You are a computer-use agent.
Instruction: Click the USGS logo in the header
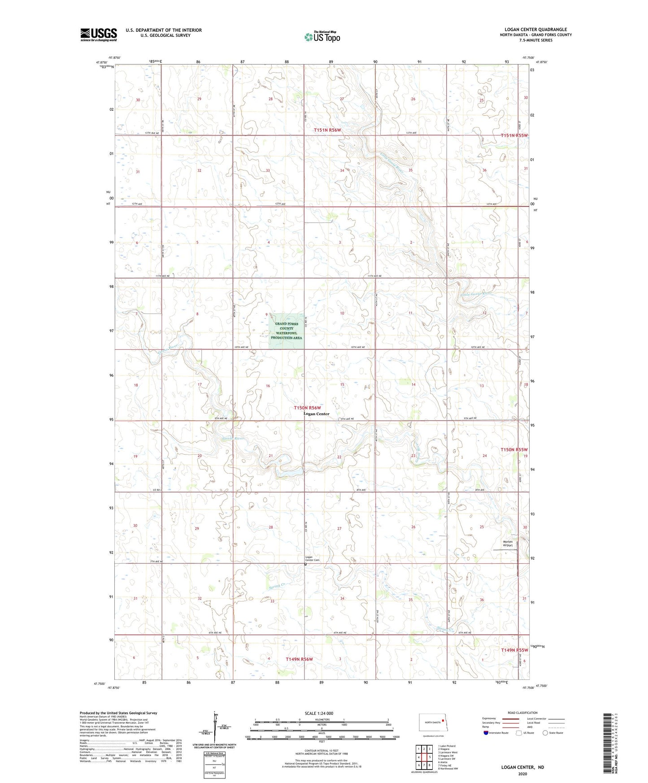(x=99, y=34)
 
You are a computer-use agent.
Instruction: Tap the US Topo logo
(x=322, y=37)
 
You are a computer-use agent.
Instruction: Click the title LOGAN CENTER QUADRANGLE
(x=535, y=30)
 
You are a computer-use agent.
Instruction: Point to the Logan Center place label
(x=316, y=414)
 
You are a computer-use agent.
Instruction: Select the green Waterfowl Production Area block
(x=286, y=331)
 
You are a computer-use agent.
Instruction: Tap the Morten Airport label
(x=507, y=544)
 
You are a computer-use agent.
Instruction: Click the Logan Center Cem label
(x=313, y=559)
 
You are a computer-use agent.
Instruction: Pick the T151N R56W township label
(x=327, y=130)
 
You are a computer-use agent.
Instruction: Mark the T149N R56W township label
(x=299, y=659)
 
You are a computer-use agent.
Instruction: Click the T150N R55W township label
(x=514, y=449)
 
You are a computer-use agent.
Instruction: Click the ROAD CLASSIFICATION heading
(x=522, y=713)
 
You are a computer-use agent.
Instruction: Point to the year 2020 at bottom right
(x=522, y=774)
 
